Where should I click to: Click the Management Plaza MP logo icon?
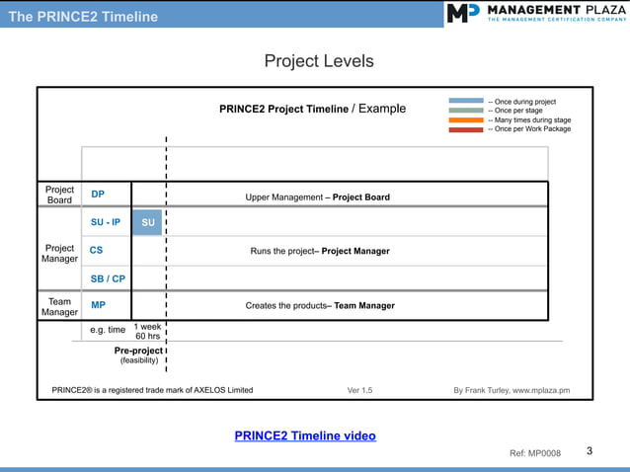tap(462, 13)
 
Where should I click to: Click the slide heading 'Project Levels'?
tap(319, 61)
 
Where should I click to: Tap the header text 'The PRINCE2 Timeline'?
tap(83, 17)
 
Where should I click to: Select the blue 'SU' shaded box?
tap(147, 222)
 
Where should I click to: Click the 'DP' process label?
tap(98, 196)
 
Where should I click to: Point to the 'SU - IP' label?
tap(106, 222)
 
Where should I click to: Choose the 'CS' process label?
tap(97, 251)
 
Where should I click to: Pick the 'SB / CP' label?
tap(108, 278)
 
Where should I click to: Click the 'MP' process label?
tap(99, 305)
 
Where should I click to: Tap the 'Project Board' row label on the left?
tap(59, 195)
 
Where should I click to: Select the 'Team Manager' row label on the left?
tap(59, 306)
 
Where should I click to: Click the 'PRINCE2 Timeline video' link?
tap(305, 435)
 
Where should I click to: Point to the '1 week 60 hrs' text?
tap(147, 331)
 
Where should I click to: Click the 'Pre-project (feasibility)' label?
tap(138, 354)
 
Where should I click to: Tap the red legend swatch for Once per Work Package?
tap(465, 129)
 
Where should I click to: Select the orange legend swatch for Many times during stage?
tap(465, 119)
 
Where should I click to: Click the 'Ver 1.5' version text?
tap(360, 390)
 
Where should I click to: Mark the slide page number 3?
tap(590, 451)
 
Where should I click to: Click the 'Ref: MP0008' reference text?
tap(534, 453)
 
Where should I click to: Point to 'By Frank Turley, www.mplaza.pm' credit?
tap(512, 390)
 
